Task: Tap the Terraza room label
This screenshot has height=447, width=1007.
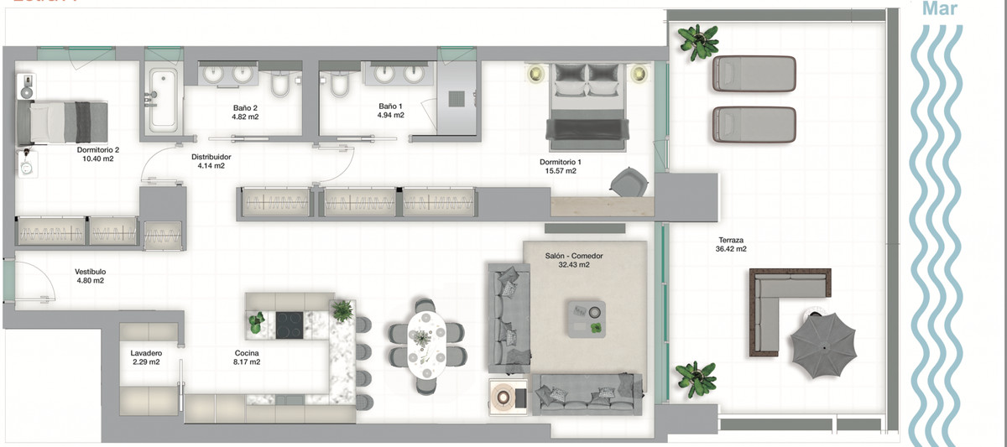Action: pos(731,239)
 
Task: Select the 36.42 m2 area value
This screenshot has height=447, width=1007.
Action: pos(731,249)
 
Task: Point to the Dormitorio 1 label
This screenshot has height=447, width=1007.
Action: pos(561,162)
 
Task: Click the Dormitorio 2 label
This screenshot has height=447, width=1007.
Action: pos(98,150)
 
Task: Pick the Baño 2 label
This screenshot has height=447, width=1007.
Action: pos(245,107)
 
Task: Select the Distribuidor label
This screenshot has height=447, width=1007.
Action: pos(211,157)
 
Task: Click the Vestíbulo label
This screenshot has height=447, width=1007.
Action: pos(90,272)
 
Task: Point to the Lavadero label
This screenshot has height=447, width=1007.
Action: pos(146,353)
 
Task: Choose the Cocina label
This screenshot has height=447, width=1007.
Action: pos(247,353)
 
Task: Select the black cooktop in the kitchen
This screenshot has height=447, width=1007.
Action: pos(290,325)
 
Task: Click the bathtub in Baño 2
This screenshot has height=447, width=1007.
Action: pos(163,98)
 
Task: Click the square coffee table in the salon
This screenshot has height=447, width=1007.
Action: pos(586,318)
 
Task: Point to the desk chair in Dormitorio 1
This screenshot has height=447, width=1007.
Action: pos(629,180)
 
